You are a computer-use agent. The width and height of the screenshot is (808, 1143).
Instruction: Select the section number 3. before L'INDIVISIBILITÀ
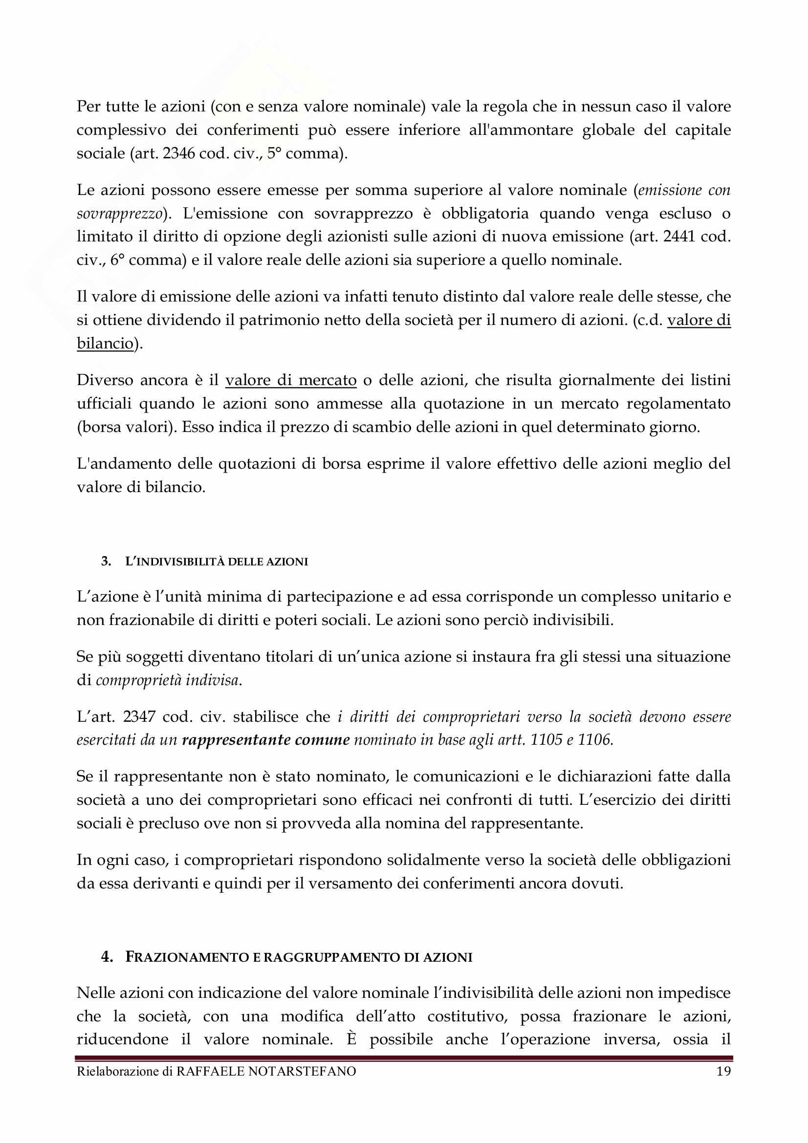click(106, 561)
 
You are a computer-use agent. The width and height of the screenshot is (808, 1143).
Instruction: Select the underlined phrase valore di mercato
click(291, 380)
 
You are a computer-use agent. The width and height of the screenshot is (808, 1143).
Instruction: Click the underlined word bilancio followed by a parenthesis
click(105, 343)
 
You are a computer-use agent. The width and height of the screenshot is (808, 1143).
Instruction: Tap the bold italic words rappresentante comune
click(266, 740)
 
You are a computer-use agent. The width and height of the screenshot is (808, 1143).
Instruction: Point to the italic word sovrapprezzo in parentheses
click(119, 213)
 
